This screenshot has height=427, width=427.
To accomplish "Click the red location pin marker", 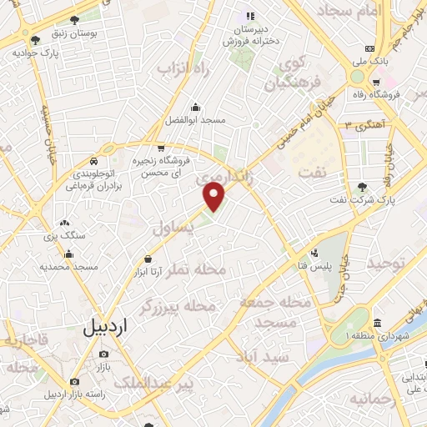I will click(215, 197).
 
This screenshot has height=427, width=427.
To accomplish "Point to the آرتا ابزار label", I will click(150, 272).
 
